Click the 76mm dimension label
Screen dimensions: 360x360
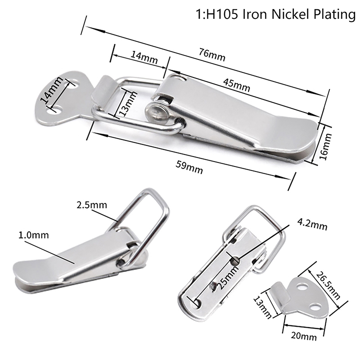point(212,55)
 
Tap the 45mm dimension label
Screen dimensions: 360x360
point(237,85)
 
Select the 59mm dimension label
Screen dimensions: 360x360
point(189,167)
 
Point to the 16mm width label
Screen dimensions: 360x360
point(325,147)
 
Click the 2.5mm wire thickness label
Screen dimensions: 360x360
point(92,205)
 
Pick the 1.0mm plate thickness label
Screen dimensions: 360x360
point(33,235)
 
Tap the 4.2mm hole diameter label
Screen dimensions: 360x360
point(312,224)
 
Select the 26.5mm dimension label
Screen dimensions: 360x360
point(328,285)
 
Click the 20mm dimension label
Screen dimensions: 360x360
point(304,336)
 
